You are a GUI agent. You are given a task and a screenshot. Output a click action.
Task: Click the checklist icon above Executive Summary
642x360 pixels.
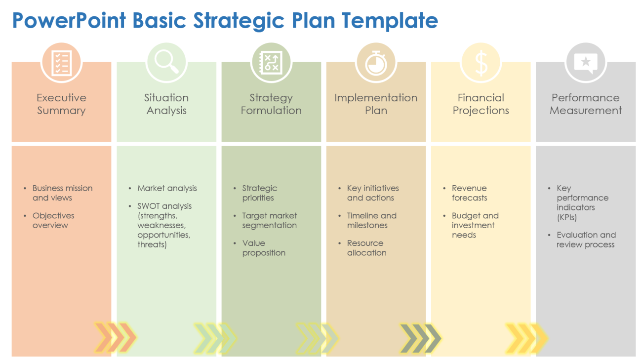pos(61,63)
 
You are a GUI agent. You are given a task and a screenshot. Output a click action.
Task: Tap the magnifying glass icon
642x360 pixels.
pos(166,63)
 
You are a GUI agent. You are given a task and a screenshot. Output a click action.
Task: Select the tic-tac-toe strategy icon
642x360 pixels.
pos(271,63)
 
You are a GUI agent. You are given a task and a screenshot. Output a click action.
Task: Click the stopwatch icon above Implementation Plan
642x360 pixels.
pos(376,63)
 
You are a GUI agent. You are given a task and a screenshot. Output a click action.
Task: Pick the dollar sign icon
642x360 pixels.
pos(481,63)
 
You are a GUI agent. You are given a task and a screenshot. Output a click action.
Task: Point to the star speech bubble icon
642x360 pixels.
pos(586,63)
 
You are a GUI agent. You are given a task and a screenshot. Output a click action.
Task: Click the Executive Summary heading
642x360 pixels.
pos(61,104)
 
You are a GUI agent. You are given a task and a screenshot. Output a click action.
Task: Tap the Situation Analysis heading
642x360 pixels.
pos(166,104)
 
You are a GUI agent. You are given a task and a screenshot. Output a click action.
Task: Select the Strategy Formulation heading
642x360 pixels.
pos(271,104)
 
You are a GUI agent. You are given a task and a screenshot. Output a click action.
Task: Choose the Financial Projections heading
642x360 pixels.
pos(481,104)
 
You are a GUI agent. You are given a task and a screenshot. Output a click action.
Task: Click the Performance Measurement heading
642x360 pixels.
pos(586,104)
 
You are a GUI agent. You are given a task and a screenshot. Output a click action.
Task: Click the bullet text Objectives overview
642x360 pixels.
pos(53,220)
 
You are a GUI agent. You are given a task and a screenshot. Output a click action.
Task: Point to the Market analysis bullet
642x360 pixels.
pos(167,188)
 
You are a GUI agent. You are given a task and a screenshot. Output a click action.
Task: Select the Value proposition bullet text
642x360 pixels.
pos(264,248)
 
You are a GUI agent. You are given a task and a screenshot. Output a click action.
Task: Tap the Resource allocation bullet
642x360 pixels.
pos(366,248)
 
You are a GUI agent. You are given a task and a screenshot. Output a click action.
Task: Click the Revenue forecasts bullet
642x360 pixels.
pos(469,193)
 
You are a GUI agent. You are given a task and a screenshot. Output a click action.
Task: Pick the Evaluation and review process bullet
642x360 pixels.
pos(586,240)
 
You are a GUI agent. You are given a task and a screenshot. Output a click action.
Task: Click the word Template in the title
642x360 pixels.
pos(390,21)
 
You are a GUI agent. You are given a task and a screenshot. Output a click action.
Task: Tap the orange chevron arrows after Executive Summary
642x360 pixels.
pos(115,338)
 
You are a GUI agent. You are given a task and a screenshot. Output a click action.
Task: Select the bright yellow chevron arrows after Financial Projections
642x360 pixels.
pos(526,338)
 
